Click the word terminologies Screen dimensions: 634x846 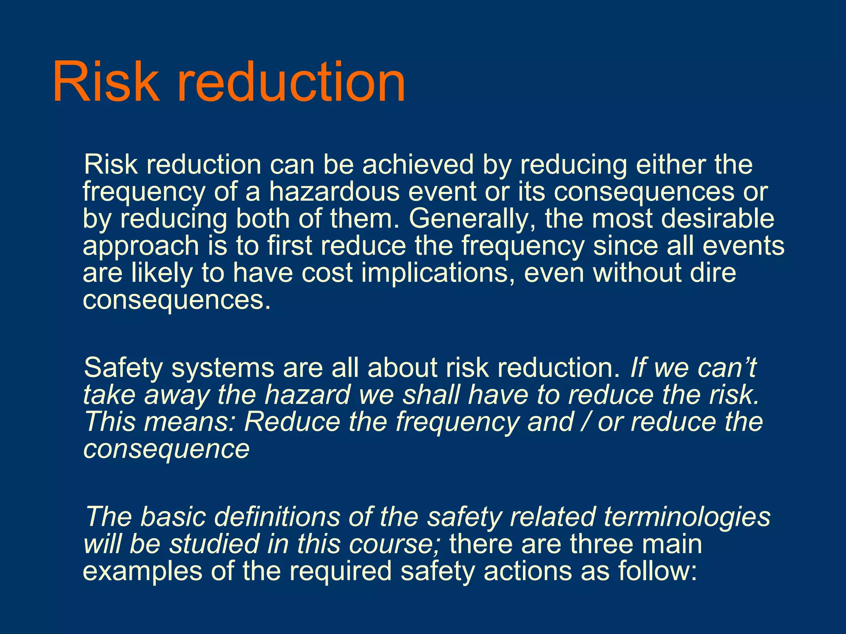pos(687,517)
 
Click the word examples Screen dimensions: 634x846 pos(143,571)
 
